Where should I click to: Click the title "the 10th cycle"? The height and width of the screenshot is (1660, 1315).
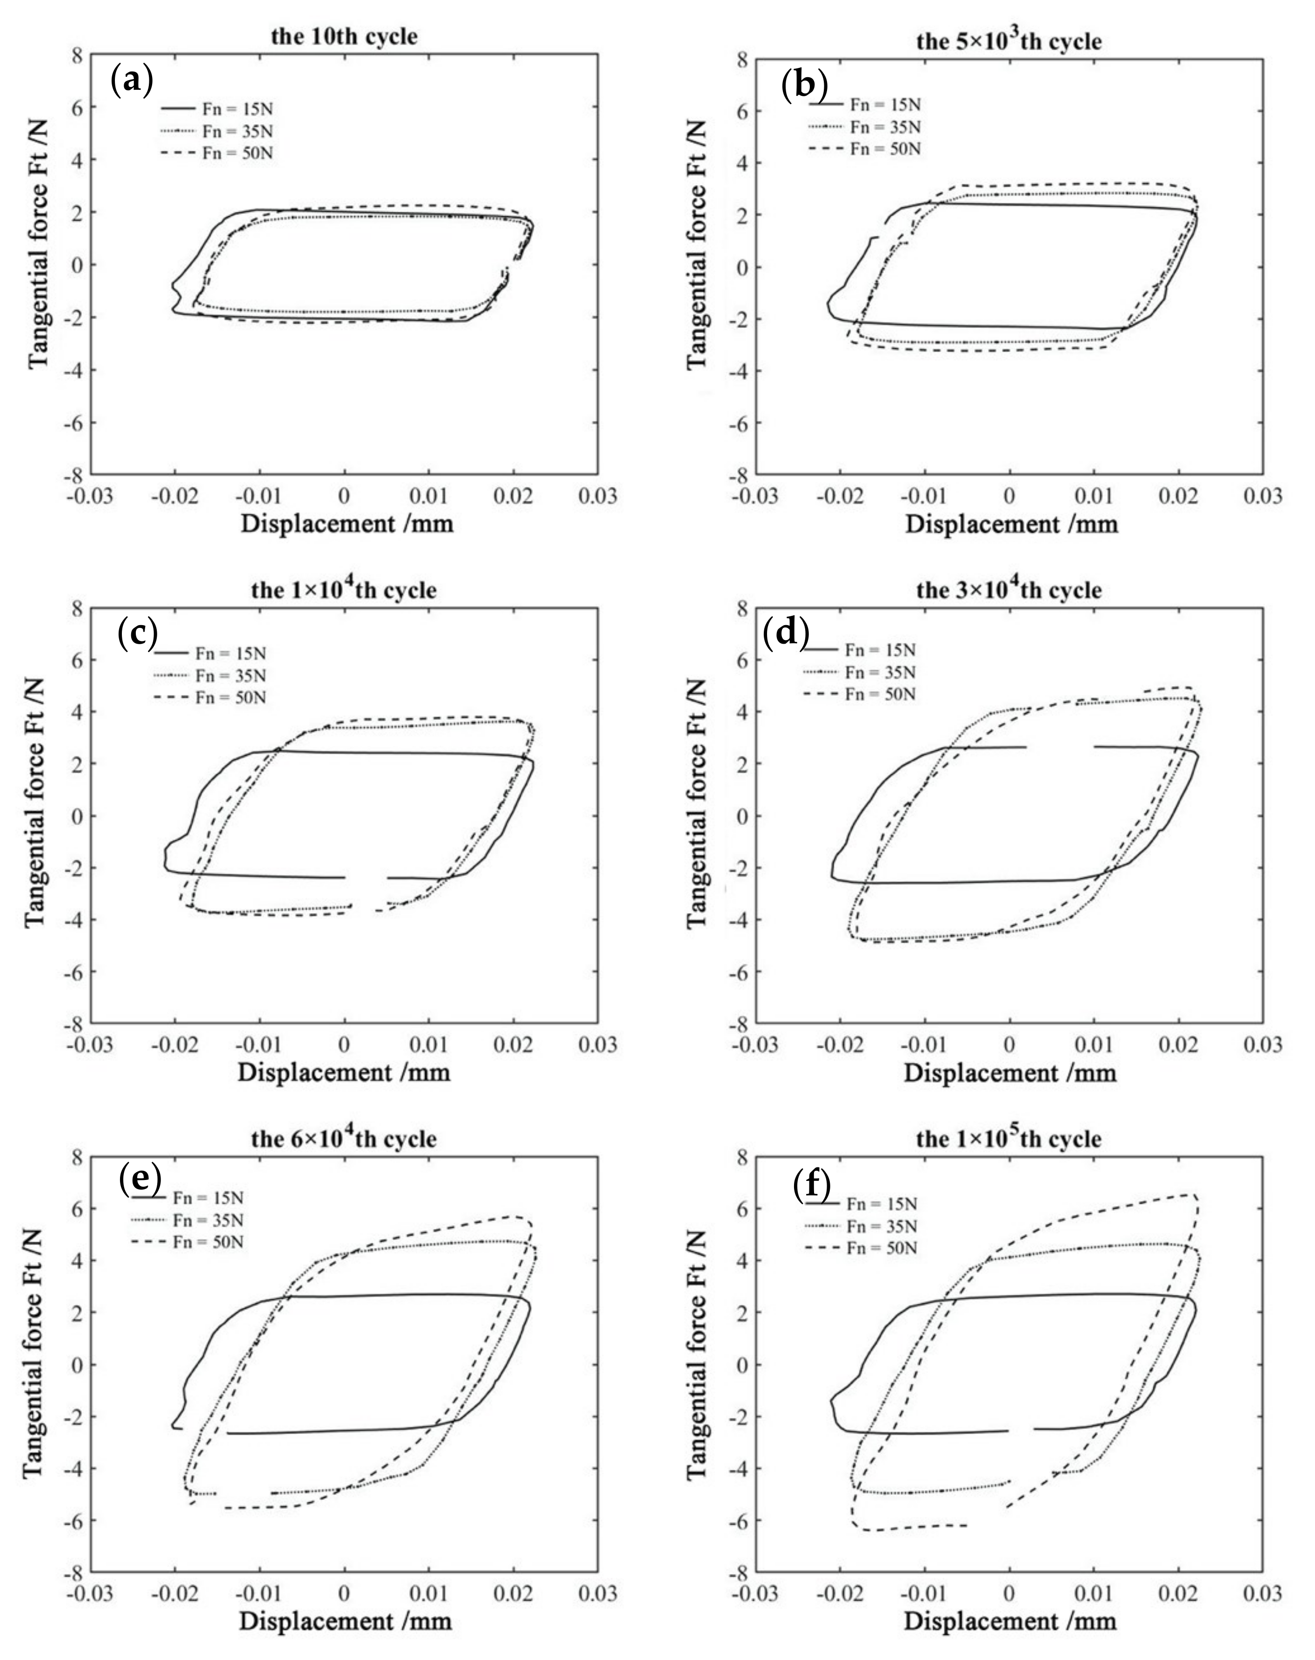[x=344, y=36]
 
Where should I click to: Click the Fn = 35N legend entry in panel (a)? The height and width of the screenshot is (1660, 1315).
[x=237, y=131]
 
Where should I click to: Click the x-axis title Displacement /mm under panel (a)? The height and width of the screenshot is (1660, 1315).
[x=347, y=524]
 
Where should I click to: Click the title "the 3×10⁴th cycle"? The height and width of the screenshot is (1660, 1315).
[x=1008, y=590]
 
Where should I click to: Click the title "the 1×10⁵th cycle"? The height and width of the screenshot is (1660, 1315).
[x=1008, y=1138]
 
